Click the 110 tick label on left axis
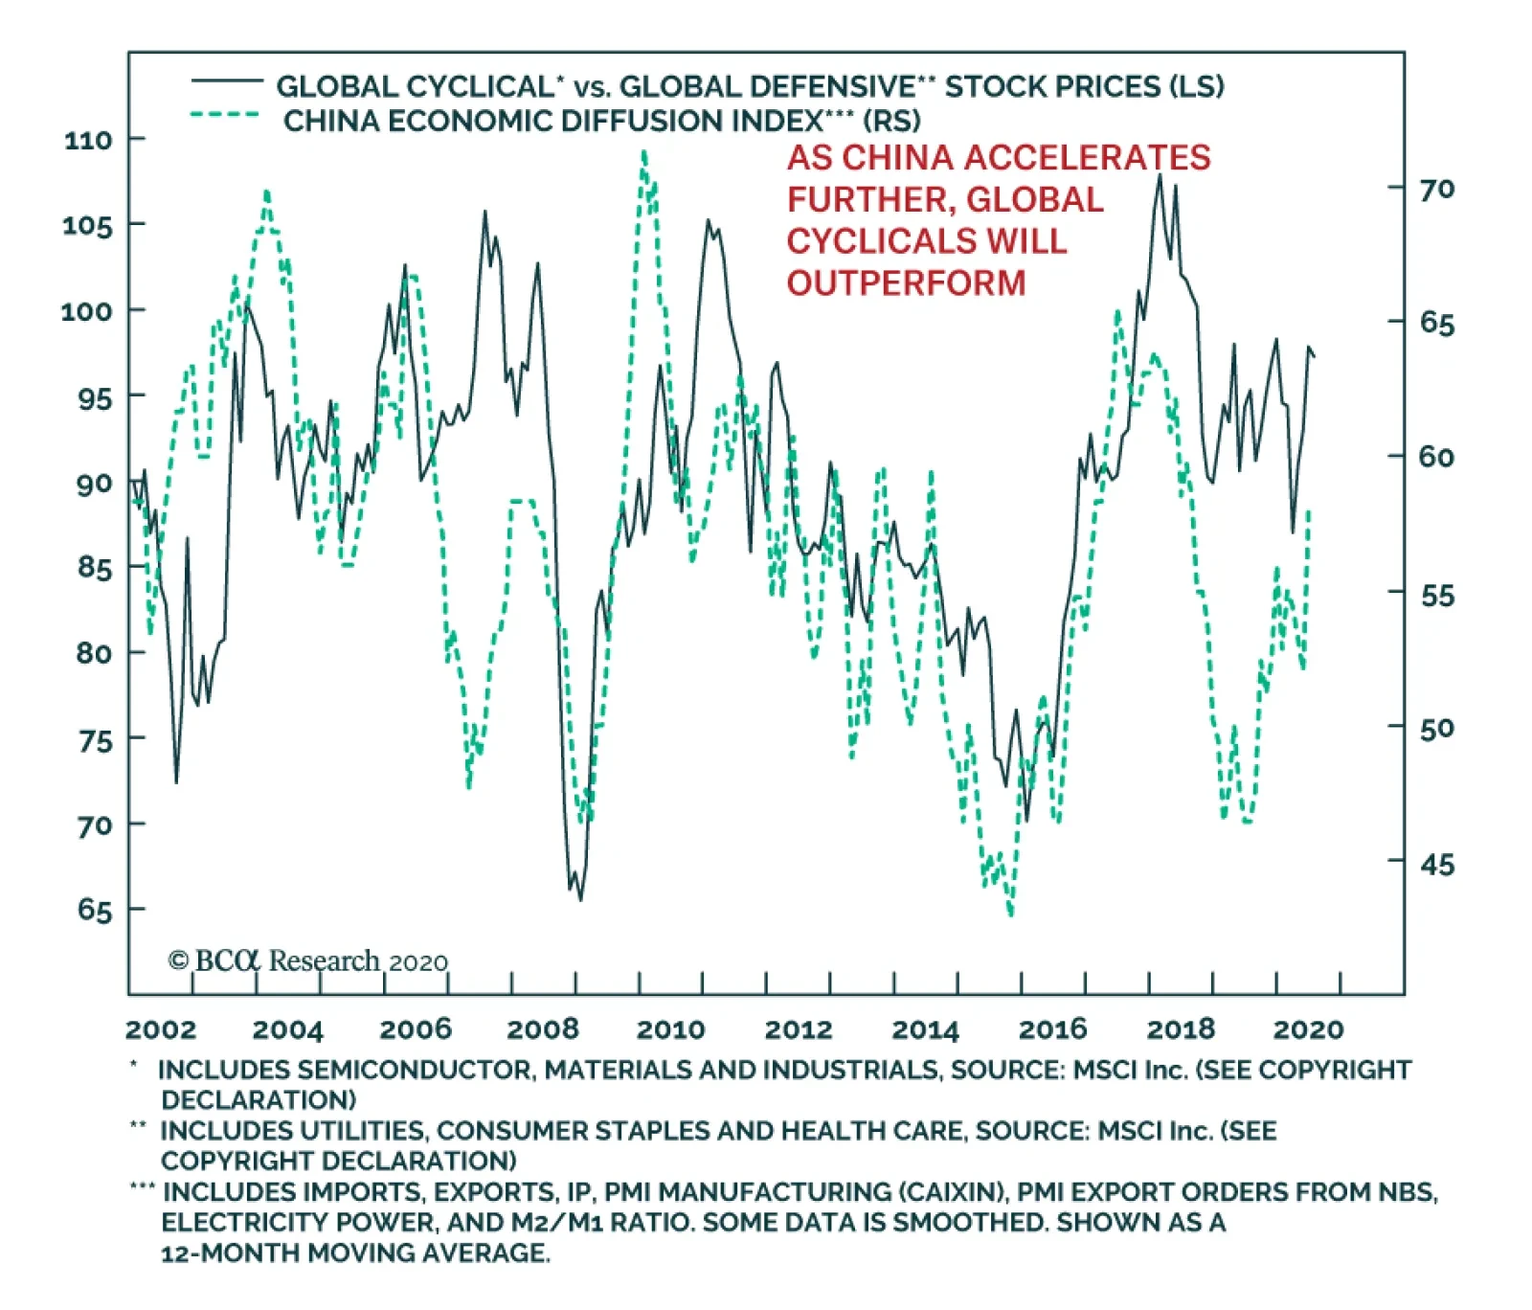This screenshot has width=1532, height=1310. [x=88, y=140]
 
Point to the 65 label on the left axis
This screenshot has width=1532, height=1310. [x=95, y=910]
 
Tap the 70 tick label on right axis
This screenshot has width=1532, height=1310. [x=1436, y=190]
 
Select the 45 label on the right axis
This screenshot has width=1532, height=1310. [x=1436, y=865]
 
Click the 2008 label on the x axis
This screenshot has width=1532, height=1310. [x=542, y=1029]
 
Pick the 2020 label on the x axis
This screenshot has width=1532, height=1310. [x=1308, y=1029]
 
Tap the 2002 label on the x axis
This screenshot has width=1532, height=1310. [x=160, y=1029]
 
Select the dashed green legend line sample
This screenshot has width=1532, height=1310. [x=226, y=115]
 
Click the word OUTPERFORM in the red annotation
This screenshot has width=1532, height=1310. [x=906, y=283]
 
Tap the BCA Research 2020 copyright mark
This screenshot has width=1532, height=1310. [x=307, y=960]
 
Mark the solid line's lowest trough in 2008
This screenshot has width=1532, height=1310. [x=580, y=898]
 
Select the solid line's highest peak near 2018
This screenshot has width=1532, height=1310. [x=1160, y=175]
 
